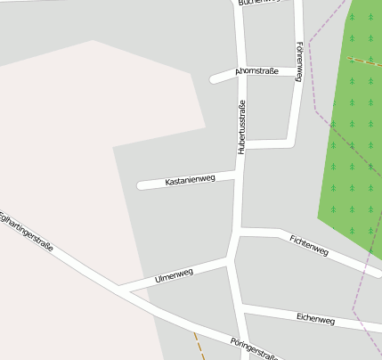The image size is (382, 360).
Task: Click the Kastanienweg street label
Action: pyautogui.click(x=191, y=180)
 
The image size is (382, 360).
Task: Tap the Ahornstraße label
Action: pyautogui.click(x=256, y=70)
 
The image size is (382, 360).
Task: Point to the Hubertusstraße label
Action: pyautogui.click(x=241, y=127)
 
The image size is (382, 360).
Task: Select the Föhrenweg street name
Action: pyautogui.click(x=300, y=61)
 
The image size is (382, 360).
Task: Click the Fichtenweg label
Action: pyautogui.click(x=309, y=245)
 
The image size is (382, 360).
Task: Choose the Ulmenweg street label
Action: pyautogui.click(x=174, y=276)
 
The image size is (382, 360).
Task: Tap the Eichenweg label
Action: pyautogui.click(x=315, y=318)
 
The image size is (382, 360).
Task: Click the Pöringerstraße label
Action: pyautogui.click(x=254, y=348)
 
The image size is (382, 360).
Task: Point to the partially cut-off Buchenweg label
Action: pyautogui.click(x=258, y=2)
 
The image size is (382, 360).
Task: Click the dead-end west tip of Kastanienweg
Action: pyautogui.click(x=141, y=186)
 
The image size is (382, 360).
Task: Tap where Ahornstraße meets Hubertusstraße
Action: pyautogui.click(x=241, y=75)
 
